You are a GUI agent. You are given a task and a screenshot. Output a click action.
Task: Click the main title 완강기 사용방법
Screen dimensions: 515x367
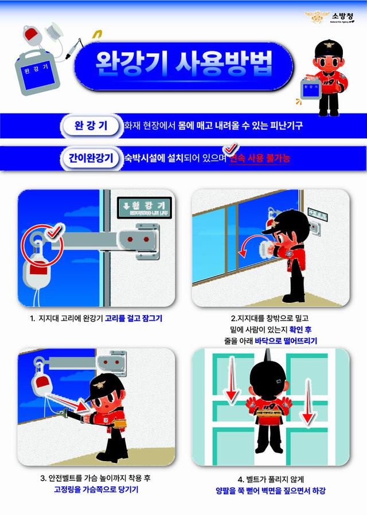coord(183,61)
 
